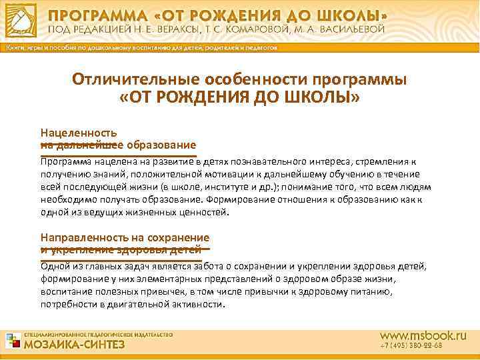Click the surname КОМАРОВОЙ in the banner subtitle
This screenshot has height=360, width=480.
[x=281, y=30]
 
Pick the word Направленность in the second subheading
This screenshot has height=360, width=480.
[x=84, y=237]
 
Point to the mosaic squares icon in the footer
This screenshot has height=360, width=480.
[x=13, y=340]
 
